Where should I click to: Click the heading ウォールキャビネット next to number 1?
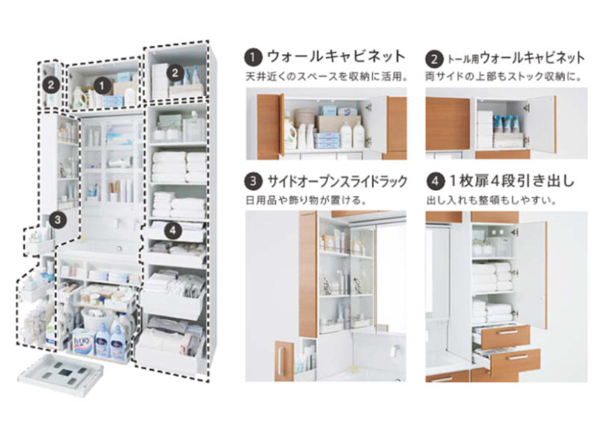[x=336, y=57]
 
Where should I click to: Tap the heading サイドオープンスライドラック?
[x=337, y=181]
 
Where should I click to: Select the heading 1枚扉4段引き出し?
[x=512, y=181]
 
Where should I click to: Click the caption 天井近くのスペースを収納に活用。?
[x=326, y=77]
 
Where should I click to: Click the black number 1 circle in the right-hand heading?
[x=253, y=57]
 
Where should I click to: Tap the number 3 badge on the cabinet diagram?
[x=57, y=220]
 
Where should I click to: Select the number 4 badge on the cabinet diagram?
[x=173, y=231]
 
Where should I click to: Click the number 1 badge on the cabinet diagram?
[x=102, y=86]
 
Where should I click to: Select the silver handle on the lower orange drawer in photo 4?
[x=513, y=358]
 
